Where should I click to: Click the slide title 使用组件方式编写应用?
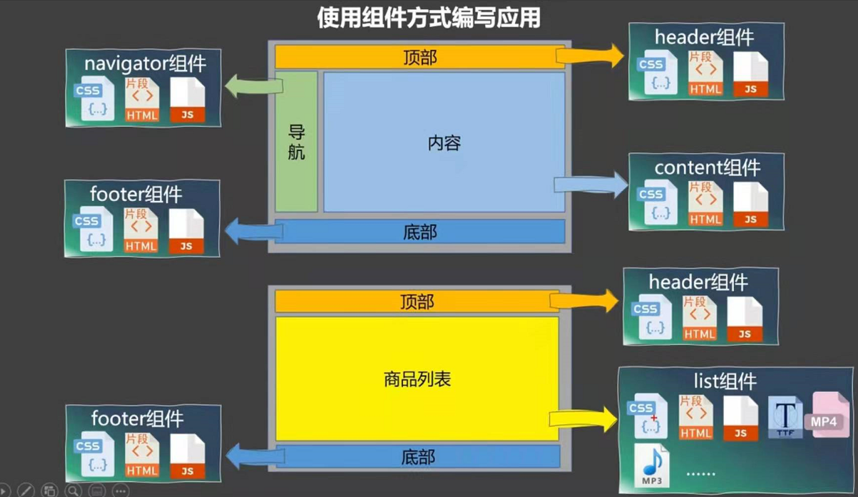click(x=428, y=17)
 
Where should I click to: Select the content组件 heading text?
click(x=707, y=167)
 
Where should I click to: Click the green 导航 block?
click(x=296, y=142)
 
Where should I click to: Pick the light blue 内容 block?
click(x=444, y=142)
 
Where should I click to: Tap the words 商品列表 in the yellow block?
click(x=417, y=379)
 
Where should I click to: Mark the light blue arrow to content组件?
click(x=590, y=185)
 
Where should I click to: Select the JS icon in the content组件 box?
click(x=751, y=203)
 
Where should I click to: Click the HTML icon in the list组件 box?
click(x=696, y=417)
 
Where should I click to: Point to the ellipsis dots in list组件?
click(x=701, y=474)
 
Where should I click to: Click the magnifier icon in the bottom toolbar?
click(x=73, y=490)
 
